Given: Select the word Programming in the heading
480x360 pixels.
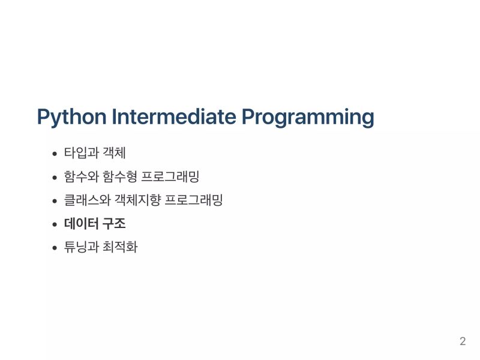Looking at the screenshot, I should tap(308, 117).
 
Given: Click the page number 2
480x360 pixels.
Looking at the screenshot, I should tap(462, 342).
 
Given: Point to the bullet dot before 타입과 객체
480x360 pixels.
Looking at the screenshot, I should tap(55, 154).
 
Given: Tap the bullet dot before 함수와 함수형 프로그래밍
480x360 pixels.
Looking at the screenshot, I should tap(55, 178).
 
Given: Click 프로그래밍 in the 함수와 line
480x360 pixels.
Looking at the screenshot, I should tap(173, 177).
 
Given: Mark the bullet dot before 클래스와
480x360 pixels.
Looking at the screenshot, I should tap(55, 201).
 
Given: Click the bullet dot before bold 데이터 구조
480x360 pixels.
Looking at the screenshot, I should tap(55, 224).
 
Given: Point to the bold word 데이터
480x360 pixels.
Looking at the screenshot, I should tap(82, 224).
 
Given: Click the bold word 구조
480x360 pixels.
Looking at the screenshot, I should tap(114, 224).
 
